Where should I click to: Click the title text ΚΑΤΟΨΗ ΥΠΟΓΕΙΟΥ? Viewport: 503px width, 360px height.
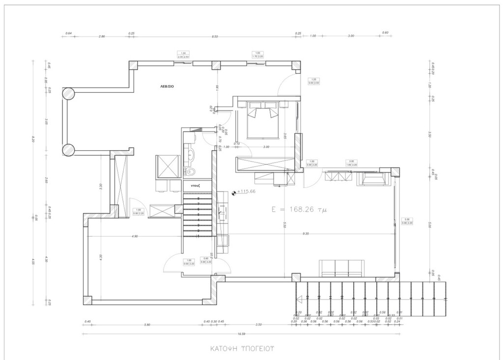(241, 348)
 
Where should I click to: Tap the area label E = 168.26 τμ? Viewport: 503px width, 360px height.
(299, 209)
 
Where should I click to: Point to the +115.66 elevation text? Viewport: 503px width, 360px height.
(246, 192)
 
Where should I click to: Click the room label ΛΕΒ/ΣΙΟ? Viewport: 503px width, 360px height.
(167, 85)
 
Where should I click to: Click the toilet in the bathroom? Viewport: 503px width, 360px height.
(191, 171)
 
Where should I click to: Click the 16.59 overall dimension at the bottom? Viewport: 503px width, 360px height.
(241, 334)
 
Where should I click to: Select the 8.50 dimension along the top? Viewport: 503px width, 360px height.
(215, 36)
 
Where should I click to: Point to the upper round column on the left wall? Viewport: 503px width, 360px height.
(68, 93)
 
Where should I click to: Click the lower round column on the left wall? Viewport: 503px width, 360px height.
(68, 150)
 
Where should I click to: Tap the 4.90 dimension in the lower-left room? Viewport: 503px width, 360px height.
(135, 236)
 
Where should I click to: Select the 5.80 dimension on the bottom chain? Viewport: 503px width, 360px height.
(147, 325)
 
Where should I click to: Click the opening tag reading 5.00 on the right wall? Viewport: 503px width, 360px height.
(407, 221)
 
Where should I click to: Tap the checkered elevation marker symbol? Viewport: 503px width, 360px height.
(233, 193)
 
